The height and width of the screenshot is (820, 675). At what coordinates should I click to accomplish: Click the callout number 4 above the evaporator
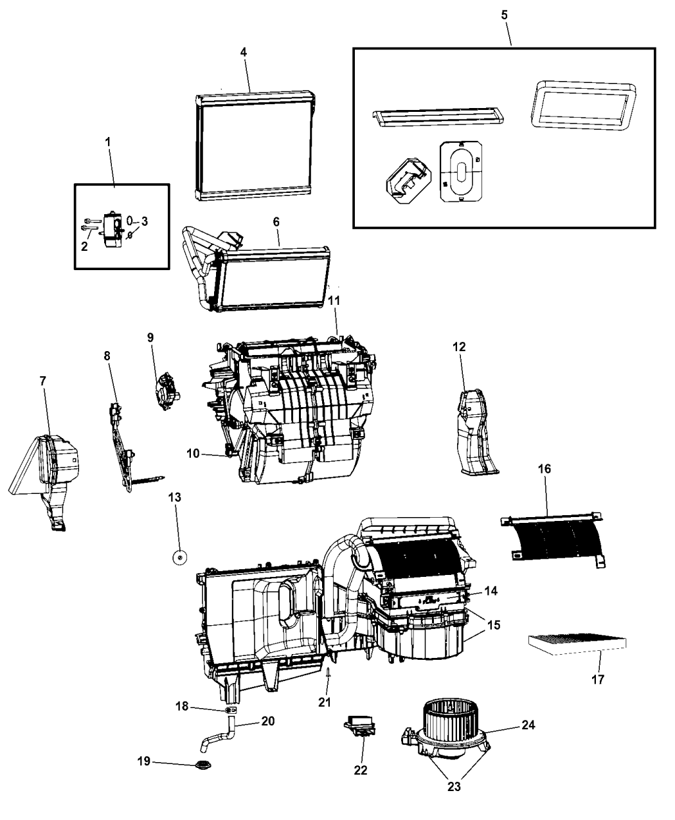244,53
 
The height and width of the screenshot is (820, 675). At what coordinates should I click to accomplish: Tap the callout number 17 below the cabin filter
597,679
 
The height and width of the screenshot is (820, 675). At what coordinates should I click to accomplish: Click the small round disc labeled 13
179,557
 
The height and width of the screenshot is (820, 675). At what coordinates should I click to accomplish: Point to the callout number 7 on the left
43,381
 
